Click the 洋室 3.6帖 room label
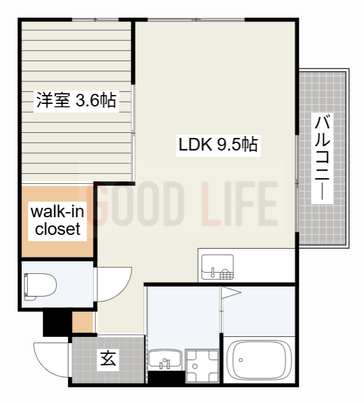coord(77,100)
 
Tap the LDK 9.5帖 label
coord(218,145)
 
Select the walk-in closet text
coord(57,220)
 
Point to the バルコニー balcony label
coord(322,158)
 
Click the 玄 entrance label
coord(108,358)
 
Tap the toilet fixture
coord(40,287)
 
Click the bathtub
coord(260,360)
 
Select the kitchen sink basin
coord(218,267)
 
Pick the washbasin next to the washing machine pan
coord(165,359)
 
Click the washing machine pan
coord(202,365)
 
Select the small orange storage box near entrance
coord(82,322)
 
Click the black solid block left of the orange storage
coord(57,323)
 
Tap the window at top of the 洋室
coord(95,20)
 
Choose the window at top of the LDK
coord(196,20)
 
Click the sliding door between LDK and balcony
coord(297,184)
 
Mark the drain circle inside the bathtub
coord(241,360)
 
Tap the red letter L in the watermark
coord(211,203)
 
